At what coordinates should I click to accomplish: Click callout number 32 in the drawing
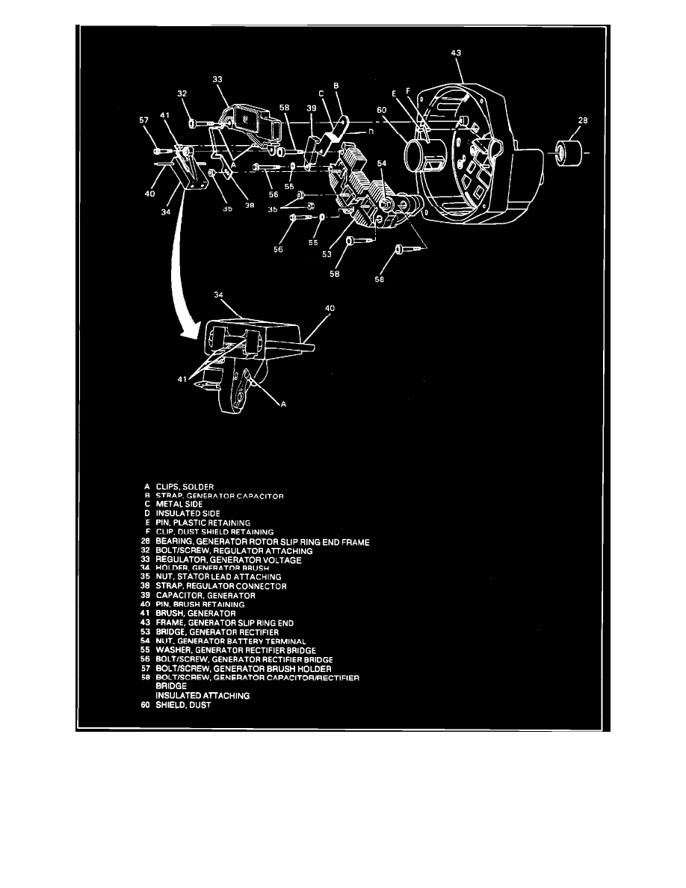coord(182,94)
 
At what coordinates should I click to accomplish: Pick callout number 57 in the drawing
coord(143,119)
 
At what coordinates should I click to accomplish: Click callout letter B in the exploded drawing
coord(336,86)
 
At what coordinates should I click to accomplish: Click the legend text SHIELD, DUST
coord(180,703)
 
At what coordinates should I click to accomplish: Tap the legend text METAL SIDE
coord(179,504)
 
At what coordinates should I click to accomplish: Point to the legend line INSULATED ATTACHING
coord(203,695)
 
